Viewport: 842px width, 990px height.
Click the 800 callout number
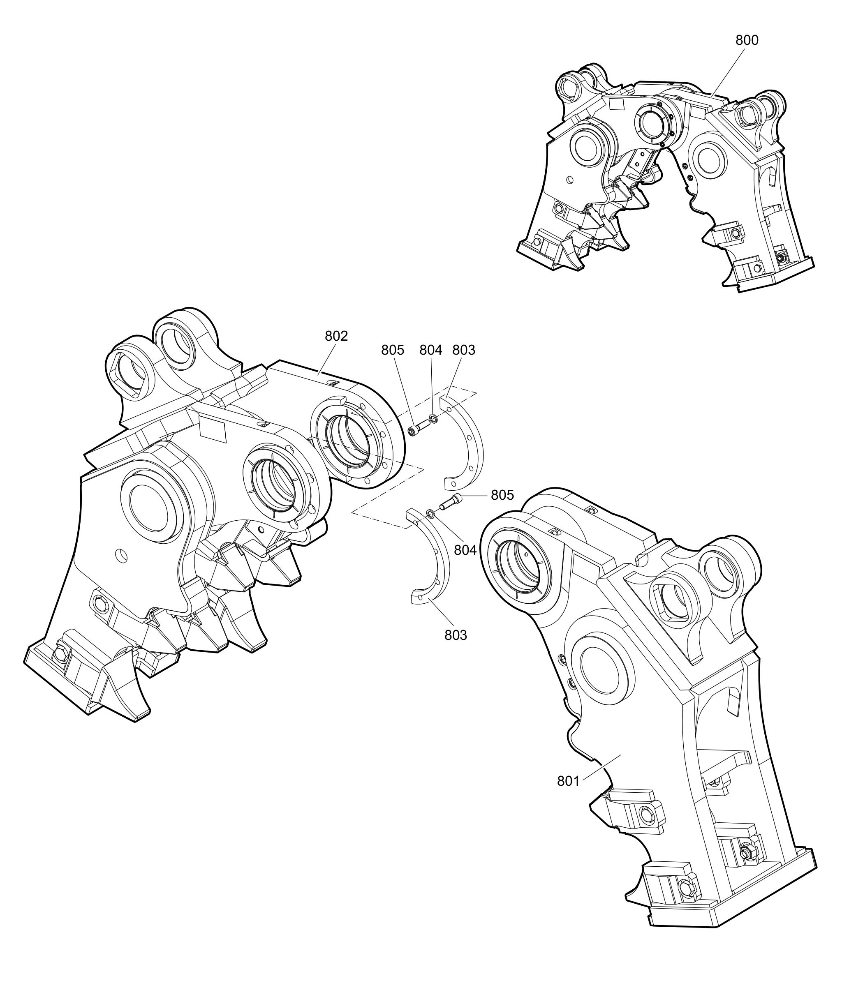747,40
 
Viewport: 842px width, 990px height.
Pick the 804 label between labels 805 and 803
430,350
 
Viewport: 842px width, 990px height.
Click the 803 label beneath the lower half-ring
456,635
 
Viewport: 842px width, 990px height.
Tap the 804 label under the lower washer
465,550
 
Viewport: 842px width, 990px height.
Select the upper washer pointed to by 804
433,418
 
